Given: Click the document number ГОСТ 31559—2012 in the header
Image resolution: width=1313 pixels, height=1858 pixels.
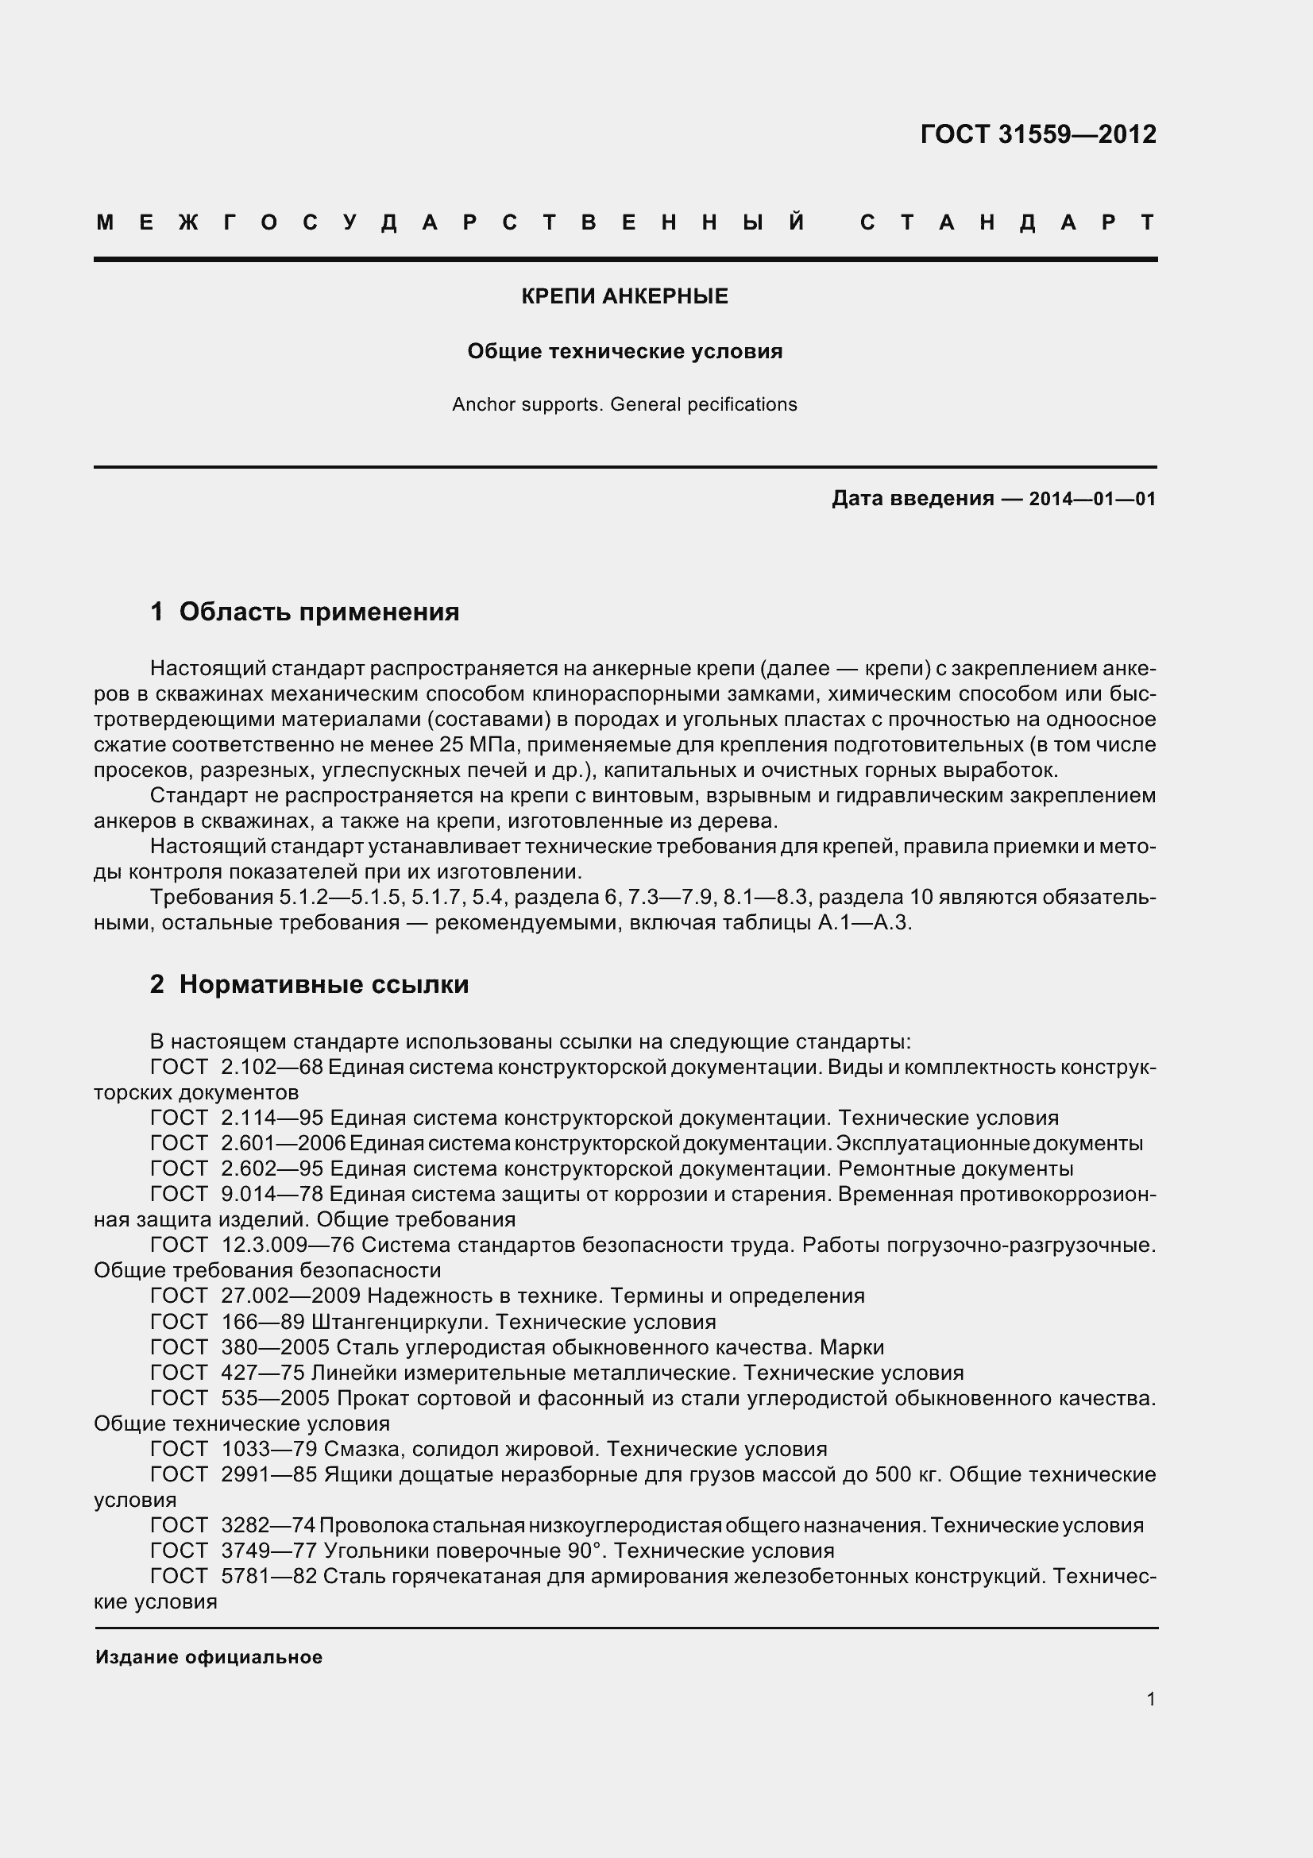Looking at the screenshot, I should click(1038, 134).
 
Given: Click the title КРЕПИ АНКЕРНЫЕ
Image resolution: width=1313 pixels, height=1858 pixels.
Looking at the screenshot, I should click(624, 297).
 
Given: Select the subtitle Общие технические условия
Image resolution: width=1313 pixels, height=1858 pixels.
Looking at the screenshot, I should click(624, 352).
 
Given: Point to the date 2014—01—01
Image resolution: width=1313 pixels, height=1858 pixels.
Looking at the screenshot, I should click(1092, 500).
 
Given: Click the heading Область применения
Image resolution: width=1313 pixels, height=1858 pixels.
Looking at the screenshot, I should click(319, 612).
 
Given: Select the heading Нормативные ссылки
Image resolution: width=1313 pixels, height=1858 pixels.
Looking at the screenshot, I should click(323, 985).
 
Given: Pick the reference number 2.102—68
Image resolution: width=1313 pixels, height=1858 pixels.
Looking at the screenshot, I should click(272, 1068).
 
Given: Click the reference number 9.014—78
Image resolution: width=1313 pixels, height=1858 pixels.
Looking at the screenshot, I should click(272, 1195).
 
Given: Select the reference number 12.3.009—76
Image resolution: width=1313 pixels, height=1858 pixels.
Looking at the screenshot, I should click(288, 1246).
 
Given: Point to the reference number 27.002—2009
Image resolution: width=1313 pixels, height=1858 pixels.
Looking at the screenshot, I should click(291, 1296).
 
